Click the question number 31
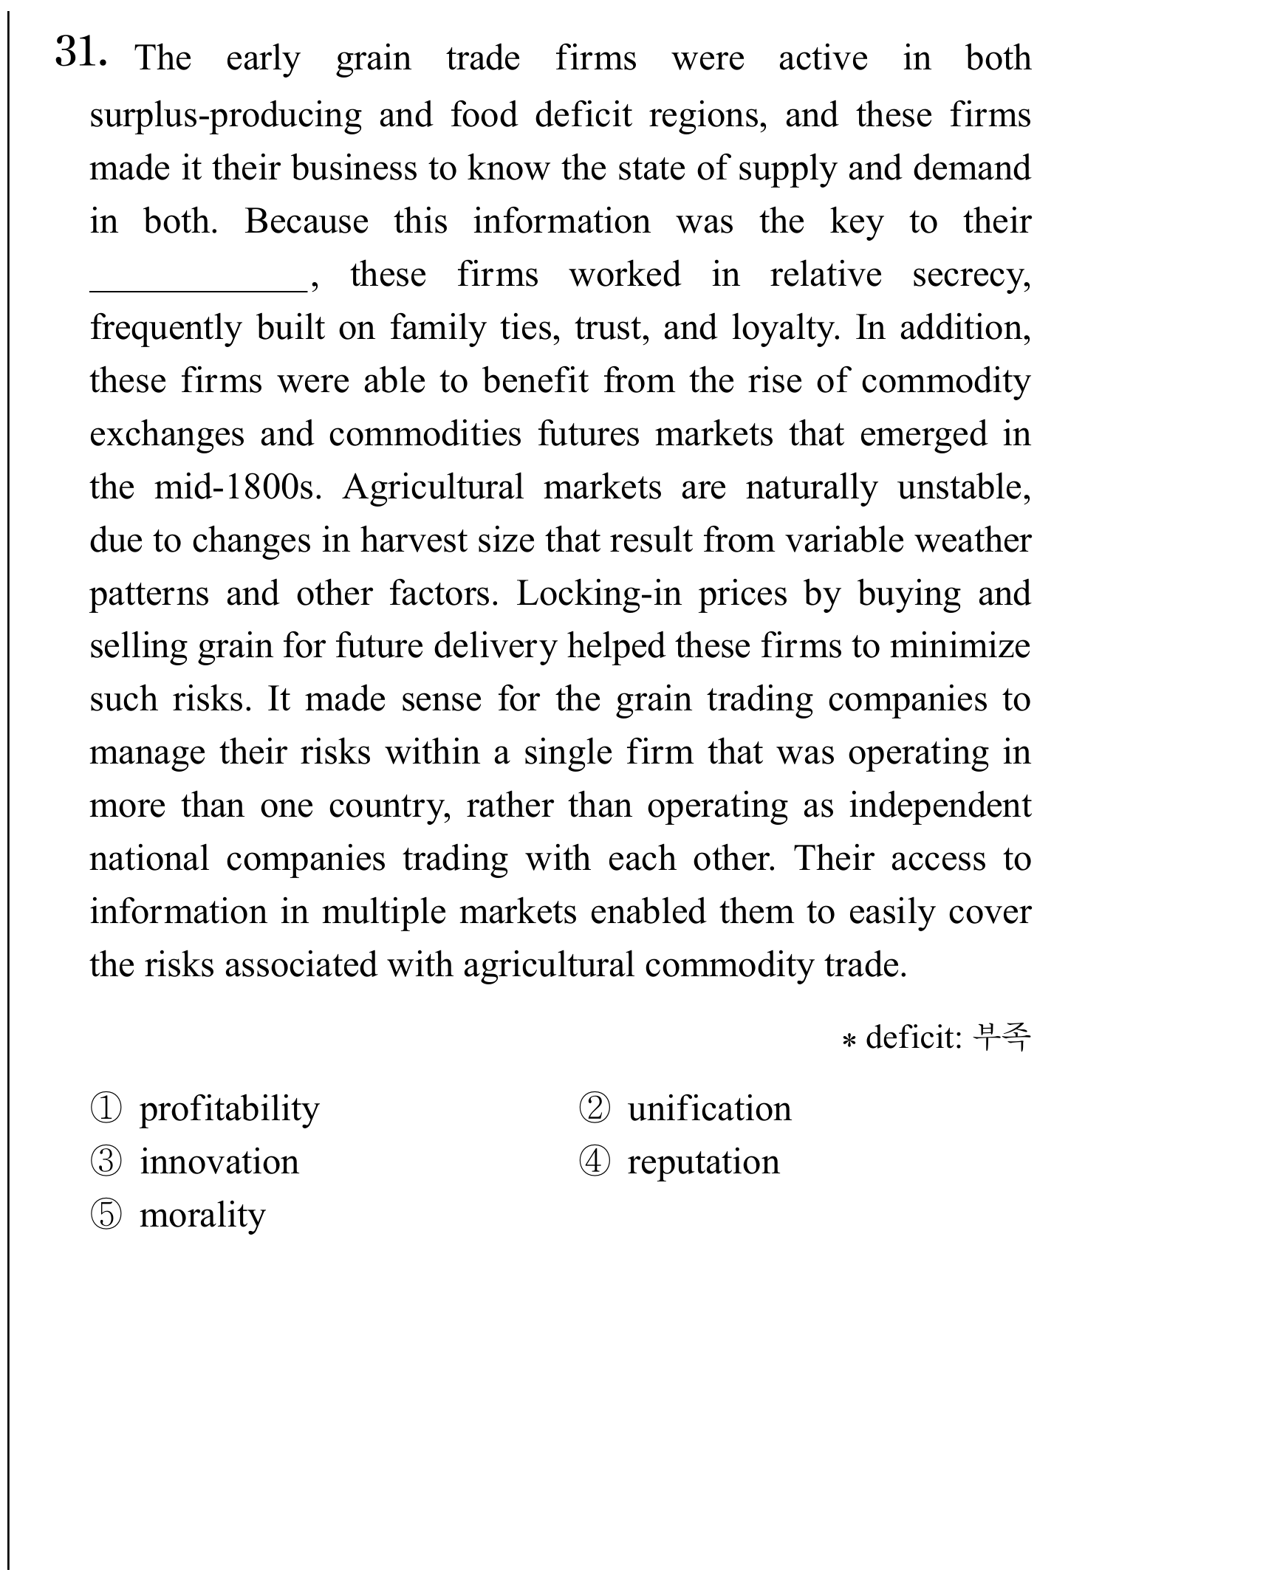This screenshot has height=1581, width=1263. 81,52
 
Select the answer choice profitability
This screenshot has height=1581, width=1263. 229,1109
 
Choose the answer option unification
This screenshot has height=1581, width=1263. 709,1109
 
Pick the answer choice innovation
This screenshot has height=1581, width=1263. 219,1162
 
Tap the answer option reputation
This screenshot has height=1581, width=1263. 703,1162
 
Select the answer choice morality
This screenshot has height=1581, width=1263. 202,1215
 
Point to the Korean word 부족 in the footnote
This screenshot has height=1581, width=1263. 1002,1037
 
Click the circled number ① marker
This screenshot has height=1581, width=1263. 106,1109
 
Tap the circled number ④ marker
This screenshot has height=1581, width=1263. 594,1162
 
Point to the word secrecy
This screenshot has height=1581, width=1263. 971,275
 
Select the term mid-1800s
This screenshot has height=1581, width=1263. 238,487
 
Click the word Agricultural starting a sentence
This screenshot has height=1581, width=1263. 433,487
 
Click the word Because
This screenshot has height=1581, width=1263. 307,222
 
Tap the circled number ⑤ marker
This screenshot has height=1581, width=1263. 106,1215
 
